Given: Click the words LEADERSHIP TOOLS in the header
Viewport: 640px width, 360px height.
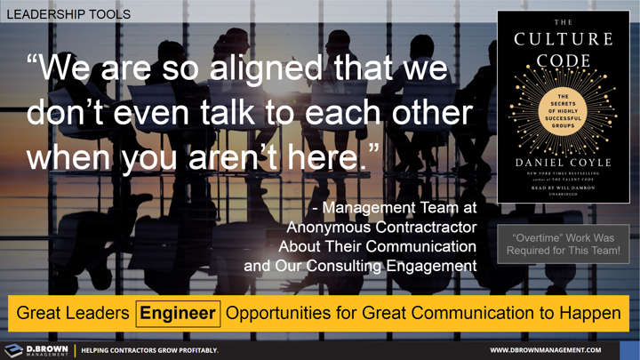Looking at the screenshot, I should tap(68, 14).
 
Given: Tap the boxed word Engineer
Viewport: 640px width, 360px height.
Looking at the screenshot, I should tap(178, 313).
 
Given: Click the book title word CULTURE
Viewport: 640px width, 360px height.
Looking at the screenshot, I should tap(564, 39).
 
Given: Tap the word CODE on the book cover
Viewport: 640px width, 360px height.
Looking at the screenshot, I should tap(564, 60).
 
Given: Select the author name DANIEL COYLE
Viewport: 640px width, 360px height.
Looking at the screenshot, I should tap(564, 163).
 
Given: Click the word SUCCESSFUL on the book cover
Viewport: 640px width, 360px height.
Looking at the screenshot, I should tap(564, 119).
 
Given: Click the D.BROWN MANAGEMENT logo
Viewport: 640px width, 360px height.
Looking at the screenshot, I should tap(36, 350).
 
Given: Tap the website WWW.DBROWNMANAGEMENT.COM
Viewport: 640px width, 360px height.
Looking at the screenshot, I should tap(546, 350).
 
